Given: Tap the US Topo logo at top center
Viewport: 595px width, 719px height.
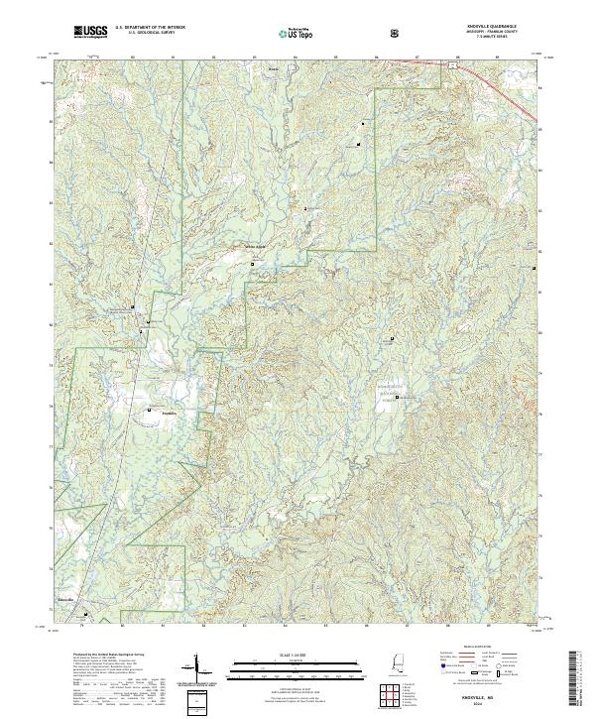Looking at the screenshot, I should (x=297, y=33).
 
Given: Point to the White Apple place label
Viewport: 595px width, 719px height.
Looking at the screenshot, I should (x=256, y=247).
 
